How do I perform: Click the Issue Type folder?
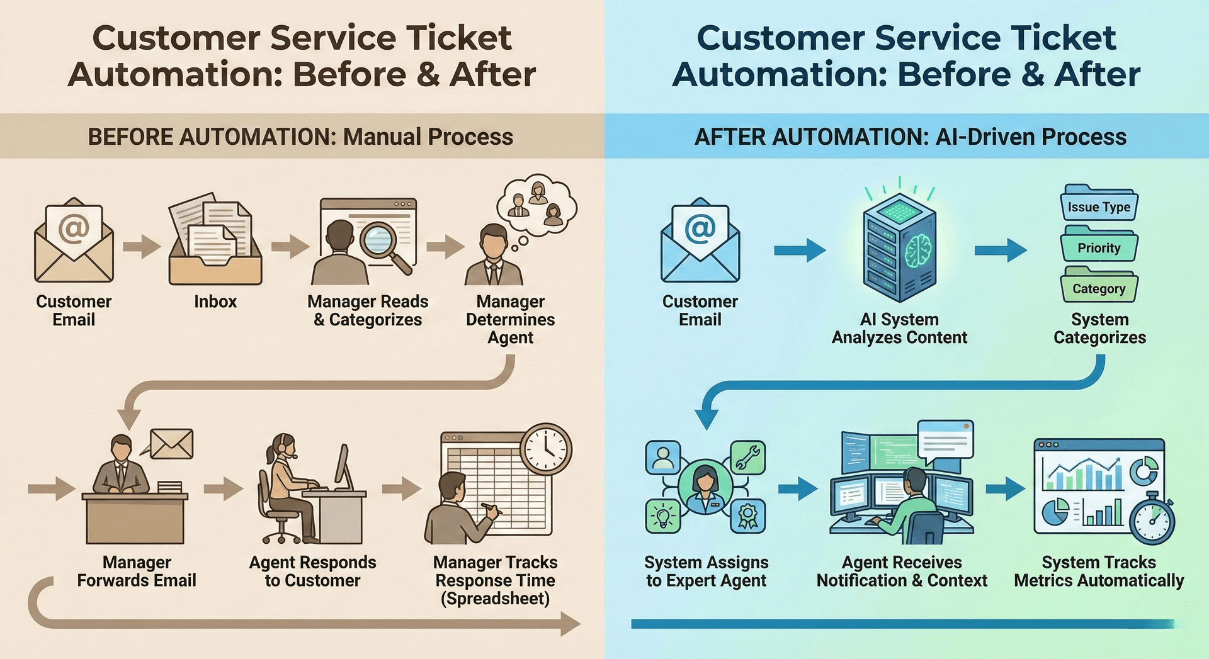tap(1099, 205)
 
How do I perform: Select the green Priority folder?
tap(1099, 246)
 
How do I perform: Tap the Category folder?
tap(1099, 287)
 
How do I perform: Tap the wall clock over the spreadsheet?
tap(545, 449)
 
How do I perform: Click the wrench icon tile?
tap(747, 458)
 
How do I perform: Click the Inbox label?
tap(215, 301)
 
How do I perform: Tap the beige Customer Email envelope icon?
tap(74, 241)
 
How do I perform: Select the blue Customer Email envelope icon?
tap(700, 241)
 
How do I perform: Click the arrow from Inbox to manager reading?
tap(289, 246)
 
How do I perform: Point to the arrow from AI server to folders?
tap(1000, 251)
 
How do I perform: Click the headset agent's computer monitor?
tap(343, 468)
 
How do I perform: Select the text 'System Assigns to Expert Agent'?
tap(706, 571)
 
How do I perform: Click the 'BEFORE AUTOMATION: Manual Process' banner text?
tap(300, 137)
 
